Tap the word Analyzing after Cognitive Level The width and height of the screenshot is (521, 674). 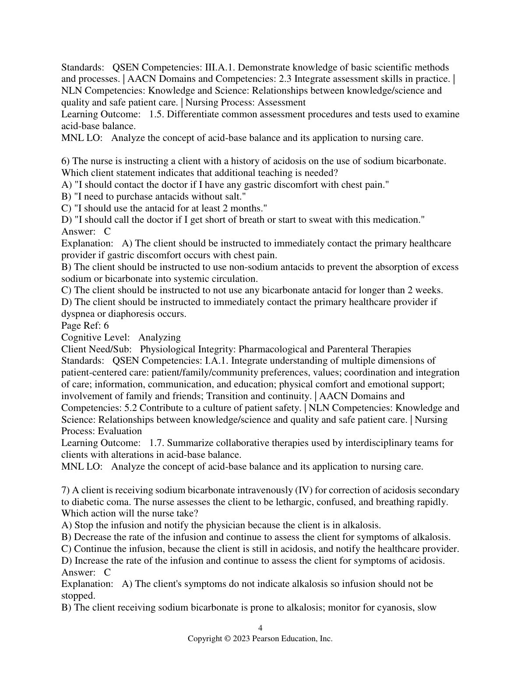click(159, 337)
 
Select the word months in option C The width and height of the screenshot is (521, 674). click(250, 208)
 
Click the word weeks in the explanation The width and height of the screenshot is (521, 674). click(429, 290)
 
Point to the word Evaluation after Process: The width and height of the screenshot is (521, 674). click(120, 431)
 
